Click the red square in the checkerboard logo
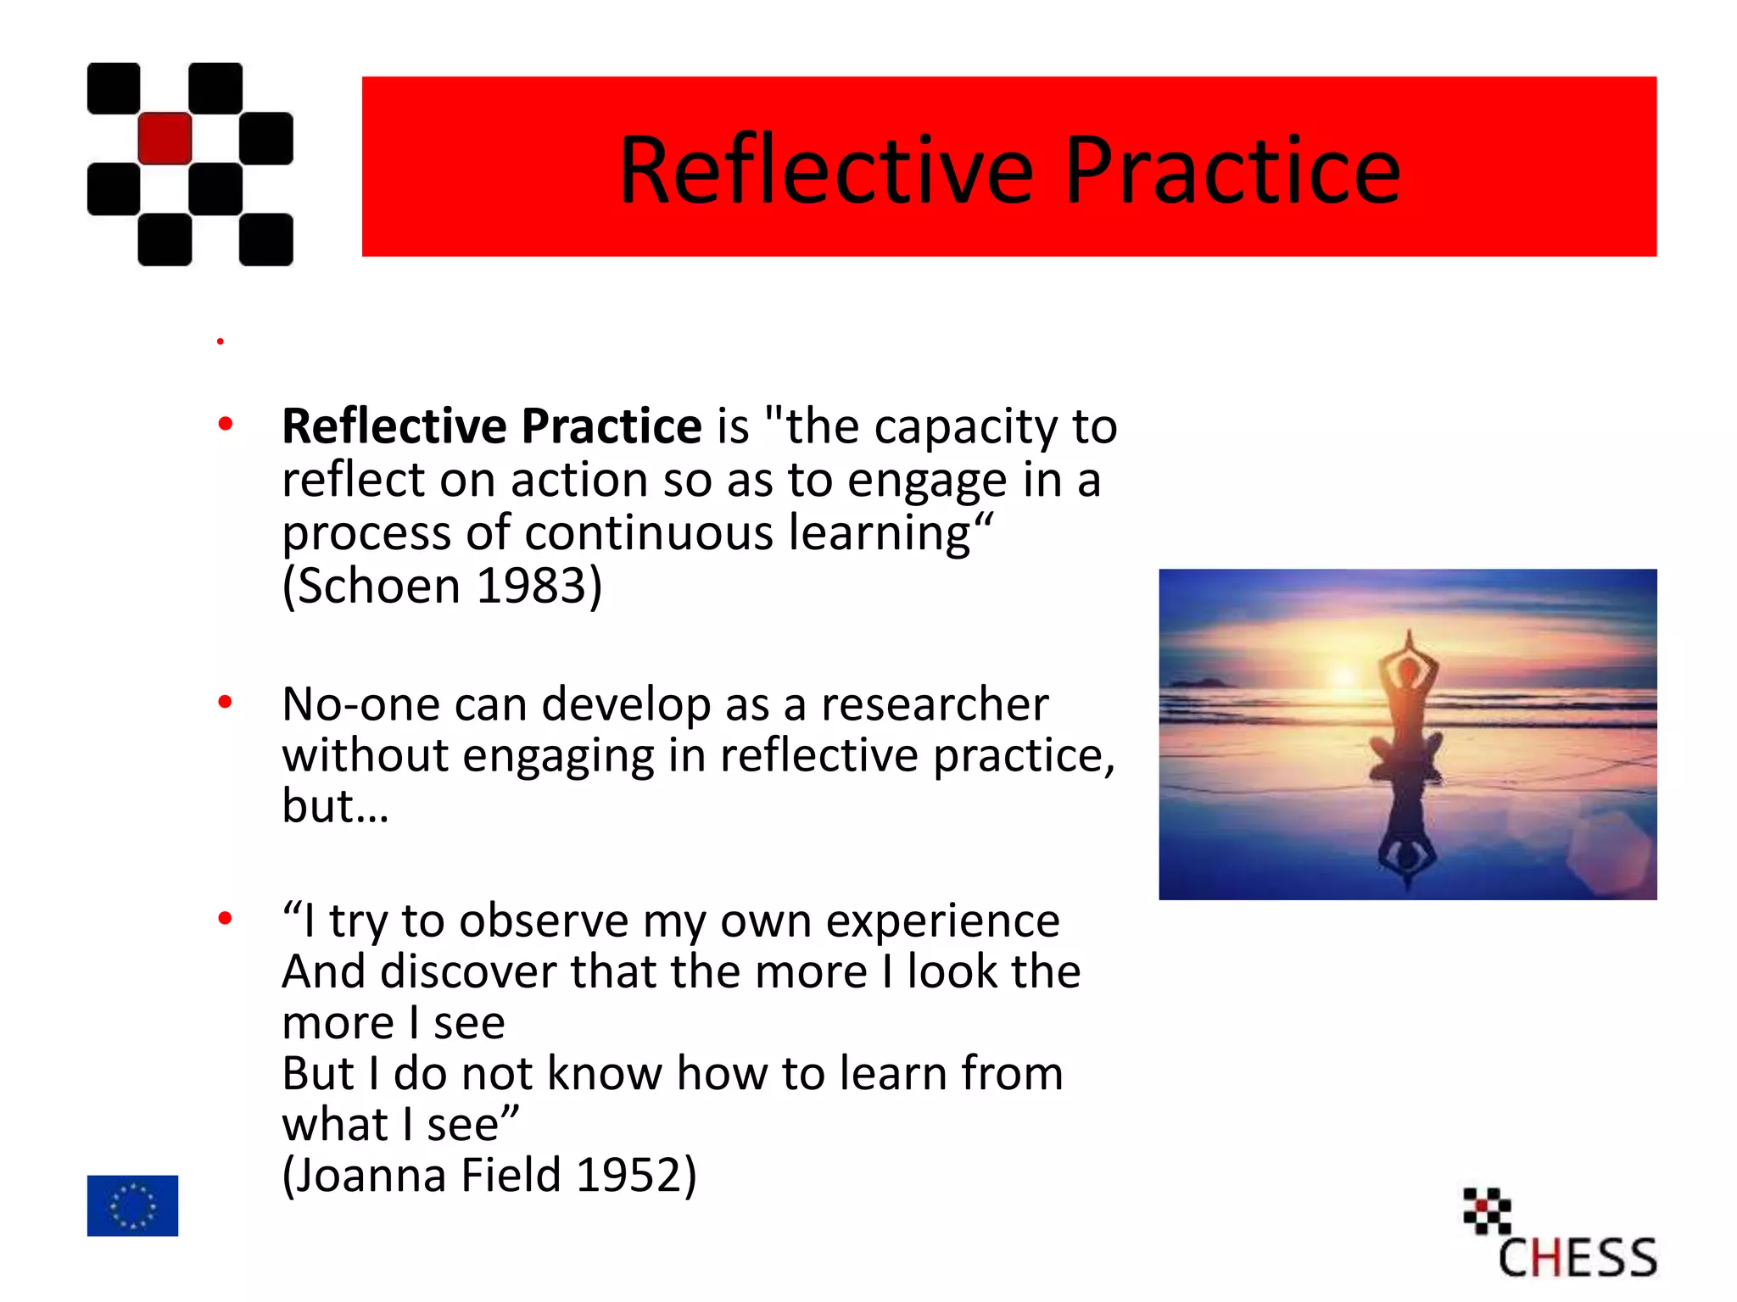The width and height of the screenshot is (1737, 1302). (x=165, y=138)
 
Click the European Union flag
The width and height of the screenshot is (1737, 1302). (x=132, y=1205)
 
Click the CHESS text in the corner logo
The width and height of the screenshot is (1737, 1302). (x=1577, y=1258)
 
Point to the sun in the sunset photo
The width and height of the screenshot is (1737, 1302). (x=1344, y=676)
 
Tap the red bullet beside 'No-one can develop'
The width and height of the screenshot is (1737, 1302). (x=225, y=702)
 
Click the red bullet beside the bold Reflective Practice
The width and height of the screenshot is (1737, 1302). (x=225, y=423)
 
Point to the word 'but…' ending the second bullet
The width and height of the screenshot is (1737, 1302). (x=335, y=806)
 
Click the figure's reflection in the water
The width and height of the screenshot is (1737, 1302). (x=1407, y=839)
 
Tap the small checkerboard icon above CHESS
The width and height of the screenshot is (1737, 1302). (x=1487, y=1210)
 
